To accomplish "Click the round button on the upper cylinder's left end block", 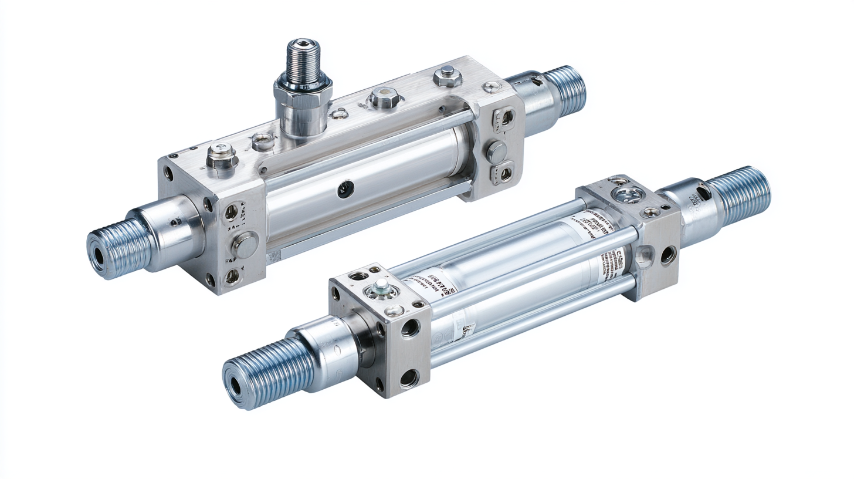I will point(243,244).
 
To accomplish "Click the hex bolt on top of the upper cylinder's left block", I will point(222,157).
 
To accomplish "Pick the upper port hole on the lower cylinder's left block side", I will point(410,327).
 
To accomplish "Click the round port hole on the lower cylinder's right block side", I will point(667,254).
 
